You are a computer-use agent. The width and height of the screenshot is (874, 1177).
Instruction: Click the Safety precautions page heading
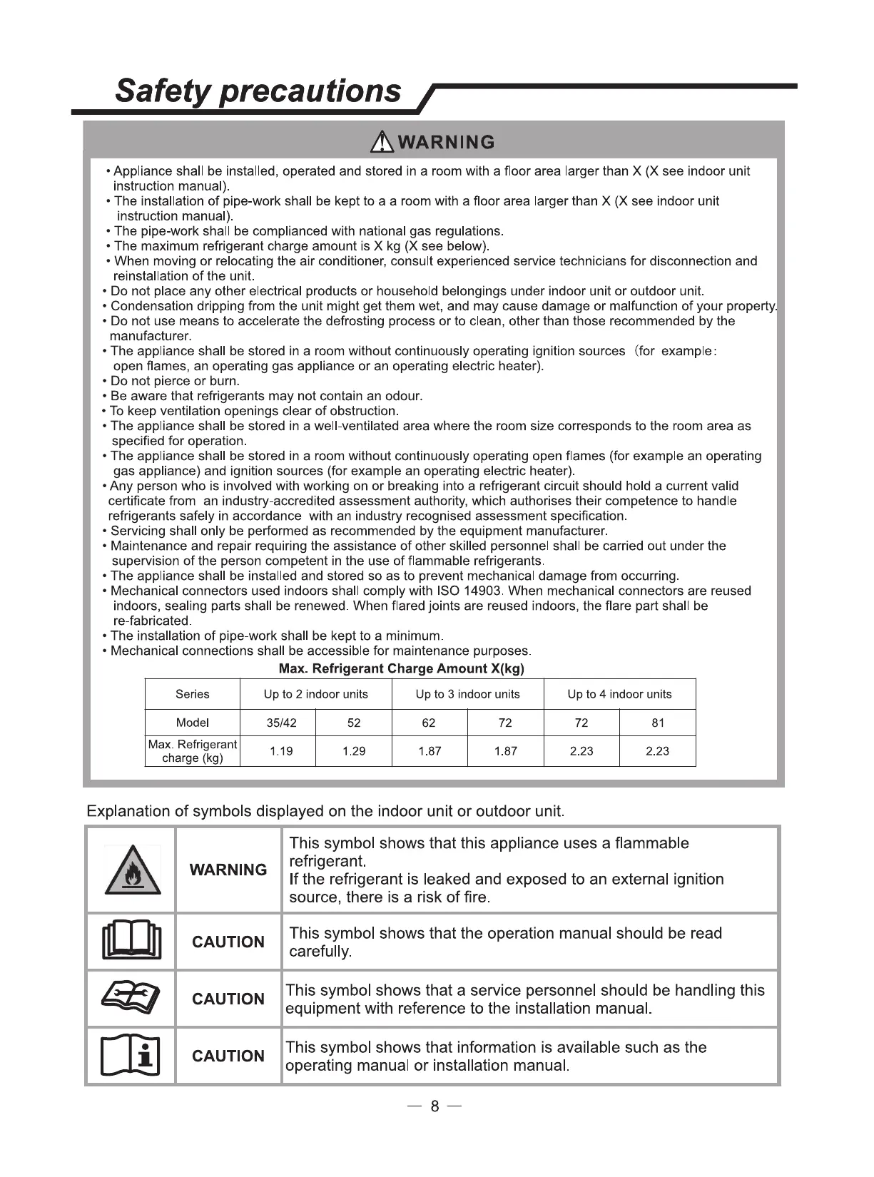coord(258,91)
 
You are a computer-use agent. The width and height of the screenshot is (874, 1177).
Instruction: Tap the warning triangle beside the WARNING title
coord(383,141)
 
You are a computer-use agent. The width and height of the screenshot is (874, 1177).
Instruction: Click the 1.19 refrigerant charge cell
coord(281,751)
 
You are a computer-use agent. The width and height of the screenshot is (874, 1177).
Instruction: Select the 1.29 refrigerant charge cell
coord(354,751)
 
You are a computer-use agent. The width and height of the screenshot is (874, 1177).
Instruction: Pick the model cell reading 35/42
coord(281,723)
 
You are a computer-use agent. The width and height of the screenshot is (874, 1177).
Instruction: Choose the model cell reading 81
coord(658,723)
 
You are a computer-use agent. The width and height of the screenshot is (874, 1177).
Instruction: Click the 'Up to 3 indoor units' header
coord(467,694)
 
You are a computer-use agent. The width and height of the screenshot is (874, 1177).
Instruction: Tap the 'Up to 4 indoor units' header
coord(619,694)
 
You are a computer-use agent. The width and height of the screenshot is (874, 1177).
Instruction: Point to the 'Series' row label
coord(193,694)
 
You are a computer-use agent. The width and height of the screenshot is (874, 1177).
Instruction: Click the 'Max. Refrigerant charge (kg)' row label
coord(193,751)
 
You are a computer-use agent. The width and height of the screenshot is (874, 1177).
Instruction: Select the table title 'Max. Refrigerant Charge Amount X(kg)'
coord(401,668)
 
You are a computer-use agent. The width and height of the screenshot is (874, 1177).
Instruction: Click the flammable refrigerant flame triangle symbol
coord(132,870)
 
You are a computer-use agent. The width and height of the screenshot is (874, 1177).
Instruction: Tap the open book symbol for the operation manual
coord(132,942)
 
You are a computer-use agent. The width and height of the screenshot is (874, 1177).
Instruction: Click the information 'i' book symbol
coord(132,1055)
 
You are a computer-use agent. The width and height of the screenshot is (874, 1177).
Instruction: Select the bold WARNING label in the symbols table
coord(228,870)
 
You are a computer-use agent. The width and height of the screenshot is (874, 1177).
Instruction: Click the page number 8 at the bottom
coord(435,1106)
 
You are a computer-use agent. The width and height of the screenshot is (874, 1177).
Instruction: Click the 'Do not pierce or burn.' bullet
coord(175,381)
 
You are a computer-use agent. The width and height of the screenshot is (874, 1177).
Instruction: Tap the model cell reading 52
coord(354,723)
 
